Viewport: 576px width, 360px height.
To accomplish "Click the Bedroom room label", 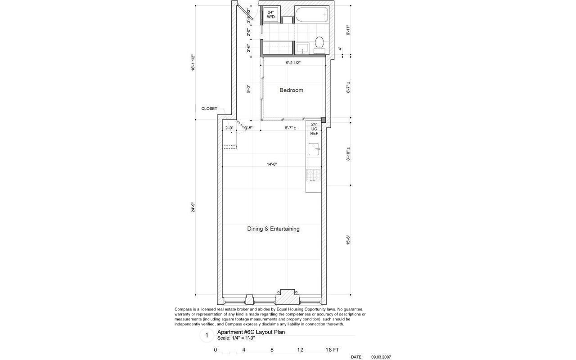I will coord(291,90).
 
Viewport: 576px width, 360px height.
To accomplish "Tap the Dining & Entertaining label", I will coord(273,229).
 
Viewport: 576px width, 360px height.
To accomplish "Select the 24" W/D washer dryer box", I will coord(271,14).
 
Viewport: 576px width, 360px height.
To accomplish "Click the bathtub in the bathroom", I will coord(311,15).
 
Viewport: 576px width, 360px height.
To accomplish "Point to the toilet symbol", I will coord(319,43).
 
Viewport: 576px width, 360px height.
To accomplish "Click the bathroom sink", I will coord(301,48).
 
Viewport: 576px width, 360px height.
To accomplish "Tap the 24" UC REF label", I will coord(314,129).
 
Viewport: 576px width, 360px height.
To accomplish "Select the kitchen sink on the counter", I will coord(314,147).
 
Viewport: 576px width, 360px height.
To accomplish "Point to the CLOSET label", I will coord(209,108).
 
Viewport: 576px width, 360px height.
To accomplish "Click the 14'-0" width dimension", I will coord(271,164).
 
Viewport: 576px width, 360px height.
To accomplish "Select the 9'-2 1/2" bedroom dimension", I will coord(293,63).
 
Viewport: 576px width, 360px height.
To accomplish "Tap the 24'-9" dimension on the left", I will coord(193,207).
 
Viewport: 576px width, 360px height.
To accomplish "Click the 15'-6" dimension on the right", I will coord(348,239).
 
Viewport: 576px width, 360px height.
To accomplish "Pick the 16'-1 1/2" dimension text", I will coord(193,63).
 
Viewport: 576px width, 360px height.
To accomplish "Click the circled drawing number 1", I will coord(207,335).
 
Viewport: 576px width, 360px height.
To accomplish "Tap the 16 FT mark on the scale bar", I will coord(332,350).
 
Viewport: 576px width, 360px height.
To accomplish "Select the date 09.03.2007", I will coord(381,357).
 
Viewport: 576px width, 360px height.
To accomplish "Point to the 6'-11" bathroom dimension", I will coord(348,30).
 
